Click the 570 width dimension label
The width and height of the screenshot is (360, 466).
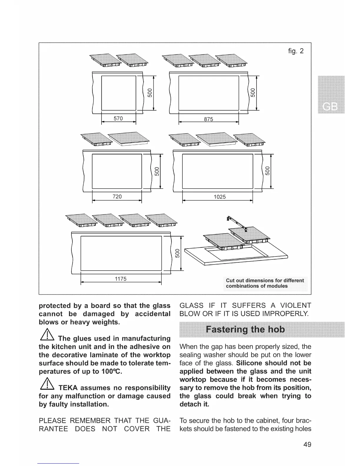point(118,119)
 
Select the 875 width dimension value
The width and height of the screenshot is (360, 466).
point(208,119)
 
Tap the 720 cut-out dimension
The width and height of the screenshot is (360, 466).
point(117,196)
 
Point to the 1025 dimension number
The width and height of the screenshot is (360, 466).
point(219,197)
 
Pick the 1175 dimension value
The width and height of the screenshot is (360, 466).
point(120,279)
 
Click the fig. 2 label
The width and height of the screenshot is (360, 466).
point(296,51)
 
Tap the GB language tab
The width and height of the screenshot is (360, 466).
point(331,106)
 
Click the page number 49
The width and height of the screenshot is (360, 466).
point(307,444)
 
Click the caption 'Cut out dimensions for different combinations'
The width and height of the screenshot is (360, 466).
point(265,283)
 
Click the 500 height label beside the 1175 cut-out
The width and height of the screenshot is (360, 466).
point(177,253)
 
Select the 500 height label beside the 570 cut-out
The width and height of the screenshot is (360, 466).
point(150,93)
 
